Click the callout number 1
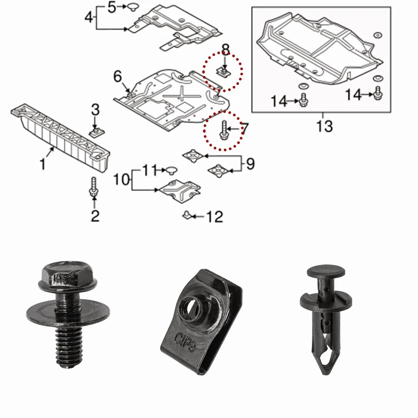coord(43,165)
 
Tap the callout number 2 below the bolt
coord(95,215)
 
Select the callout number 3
coord(95,110)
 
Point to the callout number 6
coord(118,77)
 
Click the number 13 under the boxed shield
coord(324,126)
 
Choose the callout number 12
coord(215,216)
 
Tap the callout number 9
coord(250,164)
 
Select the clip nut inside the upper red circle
coord(223,71)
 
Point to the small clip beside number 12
coord(187,215)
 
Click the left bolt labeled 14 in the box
coord(304,100)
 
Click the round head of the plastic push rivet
coord(325,272)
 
